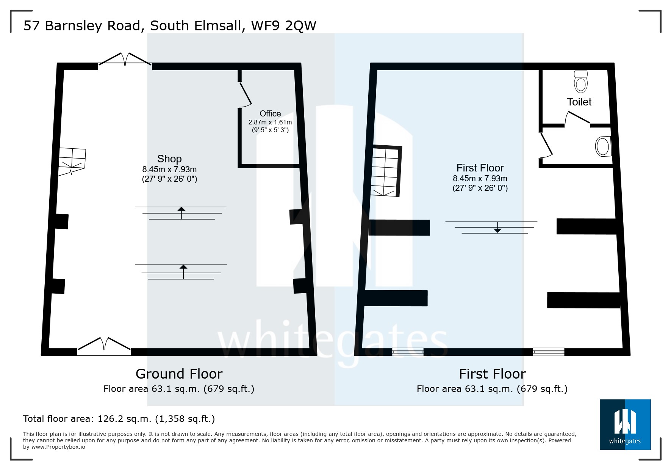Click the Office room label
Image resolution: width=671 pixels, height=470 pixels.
pos(270,113)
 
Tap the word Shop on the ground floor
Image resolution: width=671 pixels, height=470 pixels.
pos(169,159)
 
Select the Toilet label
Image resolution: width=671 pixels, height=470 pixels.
pos(579,102)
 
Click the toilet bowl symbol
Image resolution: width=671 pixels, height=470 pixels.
pos(580,81)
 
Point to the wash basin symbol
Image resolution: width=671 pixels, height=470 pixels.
pos(603,146)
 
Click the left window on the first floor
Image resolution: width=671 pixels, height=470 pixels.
pos(408,352)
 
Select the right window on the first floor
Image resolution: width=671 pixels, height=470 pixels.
pos(548,352)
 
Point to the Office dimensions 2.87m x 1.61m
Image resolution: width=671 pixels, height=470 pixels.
pos(270,123)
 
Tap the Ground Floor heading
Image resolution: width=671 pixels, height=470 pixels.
pos(179,374)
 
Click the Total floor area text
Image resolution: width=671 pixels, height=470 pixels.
pos(119,419)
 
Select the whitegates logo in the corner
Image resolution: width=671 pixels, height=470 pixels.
pos(625,424)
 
